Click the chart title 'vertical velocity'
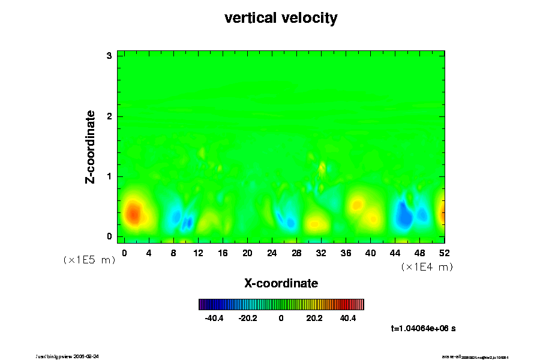tap(281, 18)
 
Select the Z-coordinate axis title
tap(91, 146)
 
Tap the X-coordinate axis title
tap(281, 283)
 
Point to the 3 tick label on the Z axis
tap(110, 56)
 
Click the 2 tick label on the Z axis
tap(110, 116)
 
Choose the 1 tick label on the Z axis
tap(110, 176)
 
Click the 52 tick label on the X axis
tap(445, 253)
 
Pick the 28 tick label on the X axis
tap(296, 253)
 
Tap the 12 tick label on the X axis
tap(198, 253)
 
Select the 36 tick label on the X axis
tap(346, 253)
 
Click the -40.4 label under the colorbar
tap(214, 318)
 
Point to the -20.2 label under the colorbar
tap(248, 318)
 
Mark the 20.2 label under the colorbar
tap(314, 318)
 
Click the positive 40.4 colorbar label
tap(348, 318)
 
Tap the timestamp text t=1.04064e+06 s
tap(423, 328)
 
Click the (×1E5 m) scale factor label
tap(89, 260)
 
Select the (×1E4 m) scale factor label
tap(427, 267)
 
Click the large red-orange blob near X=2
tap(133, 213)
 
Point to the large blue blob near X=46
tap(404, 213)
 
